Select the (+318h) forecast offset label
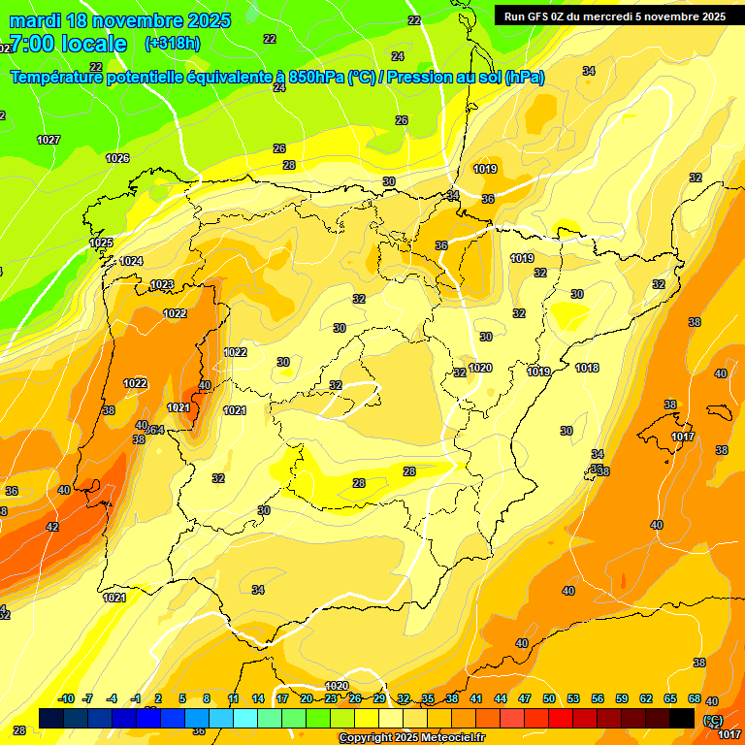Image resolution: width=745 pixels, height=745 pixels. point(172,44)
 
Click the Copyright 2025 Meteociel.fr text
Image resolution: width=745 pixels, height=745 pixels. point(410,738)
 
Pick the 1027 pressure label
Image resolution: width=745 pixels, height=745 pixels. point(49,141)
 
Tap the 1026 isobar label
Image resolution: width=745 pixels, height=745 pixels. point(117,158)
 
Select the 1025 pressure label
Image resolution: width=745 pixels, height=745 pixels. point(101,243)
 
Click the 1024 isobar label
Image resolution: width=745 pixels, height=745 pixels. point(132,262)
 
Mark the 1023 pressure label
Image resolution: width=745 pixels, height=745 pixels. point(162,285)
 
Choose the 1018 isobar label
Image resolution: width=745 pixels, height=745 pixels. point(587,368)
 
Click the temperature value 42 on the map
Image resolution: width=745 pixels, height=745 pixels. point(52,528)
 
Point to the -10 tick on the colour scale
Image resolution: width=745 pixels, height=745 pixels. point(66,699)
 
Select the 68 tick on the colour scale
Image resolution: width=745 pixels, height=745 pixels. point(695,699)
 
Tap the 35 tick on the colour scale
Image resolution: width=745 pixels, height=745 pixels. point(428,699)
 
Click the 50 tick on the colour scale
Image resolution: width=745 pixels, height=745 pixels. point(549,699)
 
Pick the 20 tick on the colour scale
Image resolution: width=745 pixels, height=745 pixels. point(307,699)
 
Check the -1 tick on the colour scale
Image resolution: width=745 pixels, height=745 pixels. point(137,699)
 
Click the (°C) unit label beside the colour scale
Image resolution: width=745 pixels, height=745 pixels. point(713,721)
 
